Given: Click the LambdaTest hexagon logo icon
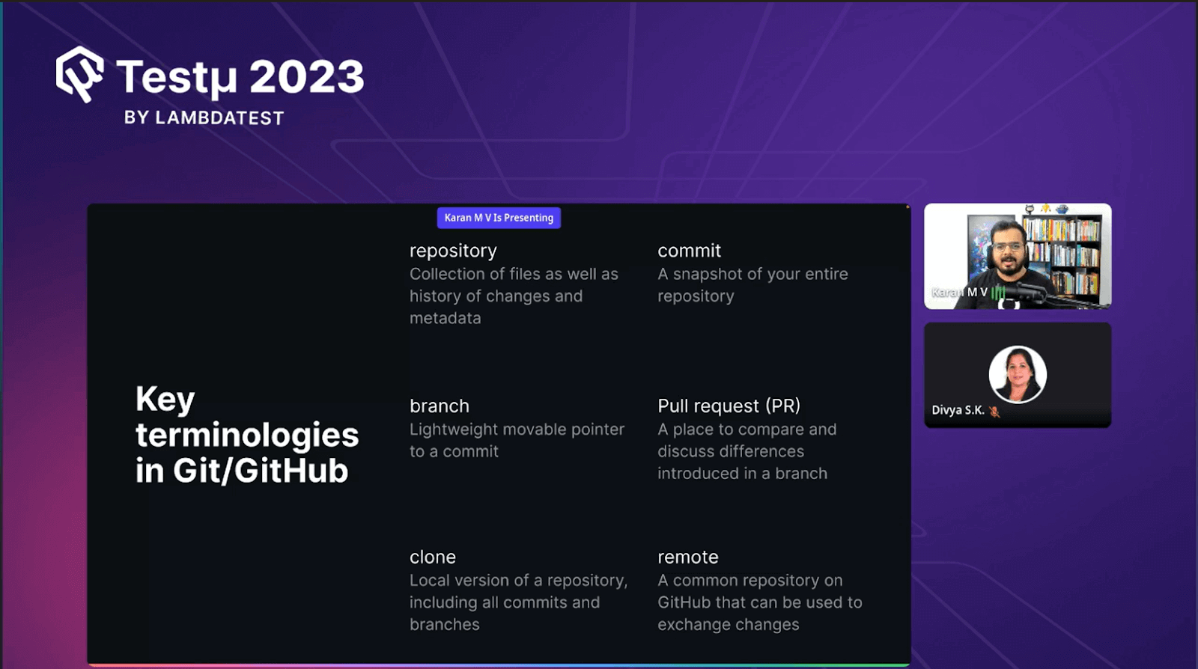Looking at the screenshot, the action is click(x=80, y=74).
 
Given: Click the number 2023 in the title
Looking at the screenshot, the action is click(x=306, y=76).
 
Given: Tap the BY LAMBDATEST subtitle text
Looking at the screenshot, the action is click(x=204, y=117).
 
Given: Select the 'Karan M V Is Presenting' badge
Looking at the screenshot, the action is click(x=499, y=218).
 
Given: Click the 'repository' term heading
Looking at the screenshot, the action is click(x=453, y=251).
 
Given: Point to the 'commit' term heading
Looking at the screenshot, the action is click(x=690, y=250).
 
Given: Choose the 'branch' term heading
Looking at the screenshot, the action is click(x=439, y=406).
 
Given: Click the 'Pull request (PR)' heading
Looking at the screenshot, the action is click(x=729, y=406).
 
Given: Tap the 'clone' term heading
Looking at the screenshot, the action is click(x=433, y=557).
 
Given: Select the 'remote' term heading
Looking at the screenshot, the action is click(x=688, y=557).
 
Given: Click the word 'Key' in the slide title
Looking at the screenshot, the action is click(x=165, y=400).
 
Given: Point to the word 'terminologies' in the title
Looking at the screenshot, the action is click(x=247, y=436).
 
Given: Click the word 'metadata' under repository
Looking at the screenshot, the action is click(x=445, y=318).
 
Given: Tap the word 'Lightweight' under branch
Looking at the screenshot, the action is click(x=454, y=429).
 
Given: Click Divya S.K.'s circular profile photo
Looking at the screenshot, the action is click(x=1018, y=374).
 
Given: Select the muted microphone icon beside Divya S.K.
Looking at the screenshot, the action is click(x=994, y=411).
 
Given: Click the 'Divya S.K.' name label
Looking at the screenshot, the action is click(x=958, y=410).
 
